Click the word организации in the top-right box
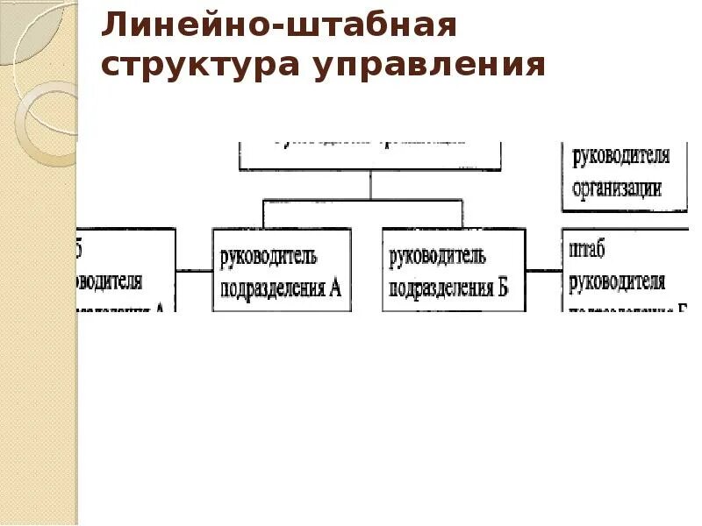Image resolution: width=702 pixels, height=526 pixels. click(x=617, y=188)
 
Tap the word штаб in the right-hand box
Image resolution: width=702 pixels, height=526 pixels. click(x=587, y=252)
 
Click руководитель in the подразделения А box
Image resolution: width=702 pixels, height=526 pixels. click(x=268, y=257)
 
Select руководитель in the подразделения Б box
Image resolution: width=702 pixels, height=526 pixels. click(x=437, y=257)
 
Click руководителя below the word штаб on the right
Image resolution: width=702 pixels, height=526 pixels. click(x=617, y=281)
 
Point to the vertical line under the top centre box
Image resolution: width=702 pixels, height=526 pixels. click(x=370, y=184)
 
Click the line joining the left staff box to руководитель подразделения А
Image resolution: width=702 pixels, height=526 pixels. click(x=194, y=270)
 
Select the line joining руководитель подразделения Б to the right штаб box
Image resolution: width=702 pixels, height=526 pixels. click(x=544, y=270)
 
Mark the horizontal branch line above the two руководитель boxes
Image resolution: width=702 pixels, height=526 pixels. click(x=362, y=200)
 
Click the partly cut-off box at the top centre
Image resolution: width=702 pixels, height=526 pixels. click(x=370, y=153)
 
